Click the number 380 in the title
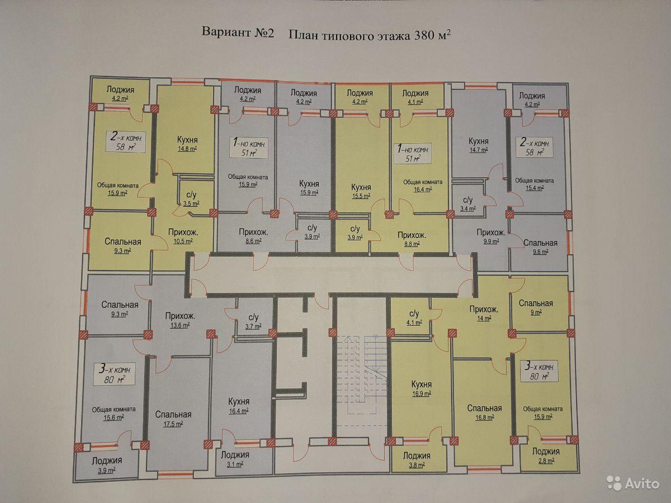coord(424,36)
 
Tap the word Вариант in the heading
coord(227,32)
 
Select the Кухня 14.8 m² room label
coord(187,144)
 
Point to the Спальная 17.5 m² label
coord(173,419)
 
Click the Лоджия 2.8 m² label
coord(546,455)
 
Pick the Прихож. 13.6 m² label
coord(179,320)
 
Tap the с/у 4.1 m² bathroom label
coord(414,317)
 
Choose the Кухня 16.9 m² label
coord(421,388)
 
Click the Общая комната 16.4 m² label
coord(423,186)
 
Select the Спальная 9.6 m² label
coord(540,247)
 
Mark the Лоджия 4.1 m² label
coord(415,97)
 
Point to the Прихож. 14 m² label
coord(484,314)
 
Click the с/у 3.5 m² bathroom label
coord(191,199)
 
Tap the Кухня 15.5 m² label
coord(361,191)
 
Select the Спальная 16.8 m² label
coord(485,412)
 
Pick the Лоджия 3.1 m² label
coord(235,459)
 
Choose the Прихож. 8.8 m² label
coord(412,239)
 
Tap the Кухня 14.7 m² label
coord(479,145)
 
